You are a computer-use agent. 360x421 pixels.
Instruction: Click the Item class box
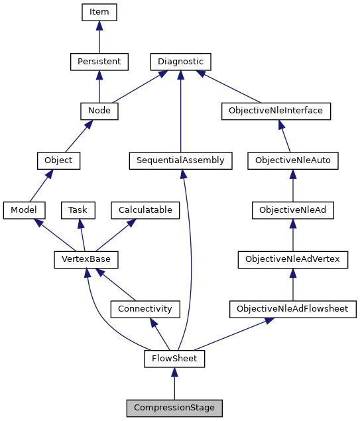[x=99, y=12]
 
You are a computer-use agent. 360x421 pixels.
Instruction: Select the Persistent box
[x=99, y=62]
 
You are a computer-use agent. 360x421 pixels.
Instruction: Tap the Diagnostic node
[x=180, y=62]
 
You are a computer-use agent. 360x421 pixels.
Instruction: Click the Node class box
[x=99, y=111]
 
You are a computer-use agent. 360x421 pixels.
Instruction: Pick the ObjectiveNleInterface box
[x=275, y=111]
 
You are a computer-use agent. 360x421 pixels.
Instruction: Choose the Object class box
[x=58, y=160]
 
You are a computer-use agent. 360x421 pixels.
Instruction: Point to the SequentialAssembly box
[x=180, y=160]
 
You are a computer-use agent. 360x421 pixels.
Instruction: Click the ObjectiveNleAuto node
[x=293, y=160]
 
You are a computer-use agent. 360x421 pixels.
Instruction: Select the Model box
[x=23, y=210]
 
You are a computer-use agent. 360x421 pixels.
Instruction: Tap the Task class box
[x=78, y=210]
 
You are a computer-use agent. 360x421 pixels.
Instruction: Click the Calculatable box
[x=145, y=210]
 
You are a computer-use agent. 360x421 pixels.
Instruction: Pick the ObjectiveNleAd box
[x=293, y=210]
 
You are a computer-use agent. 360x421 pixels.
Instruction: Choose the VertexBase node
[x=81, y=259]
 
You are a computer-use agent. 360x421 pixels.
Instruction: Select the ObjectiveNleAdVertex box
[x=293, y=259]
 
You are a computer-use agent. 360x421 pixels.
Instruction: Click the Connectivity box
[x=145, y=309]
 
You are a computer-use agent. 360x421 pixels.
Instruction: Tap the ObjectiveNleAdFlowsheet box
[x=292, y=309]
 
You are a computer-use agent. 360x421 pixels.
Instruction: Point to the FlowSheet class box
[x=174, y=359]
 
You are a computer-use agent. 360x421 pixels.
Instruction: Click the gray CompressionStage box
[x=174, y=408]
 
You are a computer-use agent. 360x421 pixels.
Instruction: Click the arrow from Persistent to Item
[x=99, y=37]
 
